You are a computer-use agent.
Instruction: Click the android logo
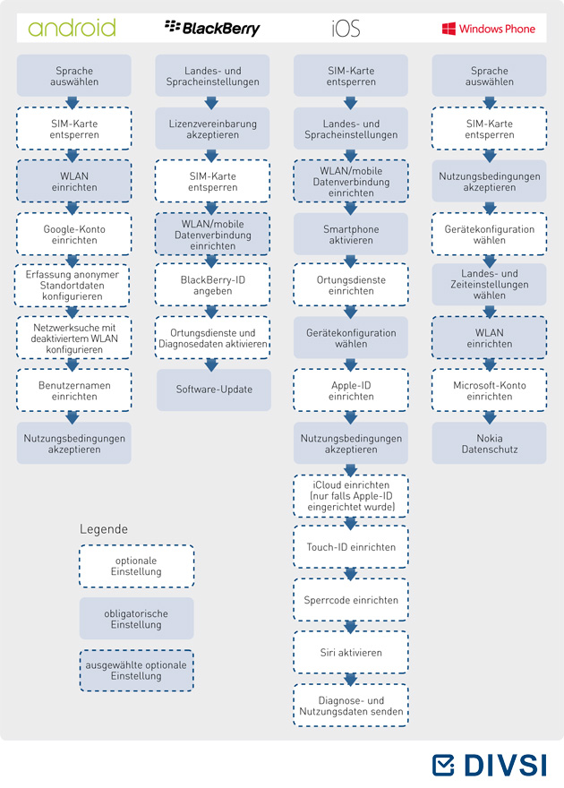pyautogui.click(x=72, y=28)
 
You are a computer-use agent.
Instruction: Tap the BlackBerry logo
pyautogui.click(x=212, y=28)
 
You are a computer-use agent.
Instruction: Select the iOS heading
pyautogui.click(x=346, y=28)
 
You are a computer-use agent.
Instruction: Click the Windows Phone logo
pyautogui.click(x=488, y=29)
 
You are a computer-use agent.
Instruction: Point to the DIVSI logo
pyautogui.click(x=489, y=765)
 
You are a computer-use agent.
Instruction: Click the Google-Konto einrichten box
pyautogui.click(x=74, y=235)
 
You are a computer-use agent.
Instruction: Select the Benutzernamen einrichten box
pyautogui.click(x=74, y=390)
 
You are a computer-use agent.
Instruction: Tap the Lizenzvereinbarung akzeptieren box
pyautogui.click(x=212, y=129)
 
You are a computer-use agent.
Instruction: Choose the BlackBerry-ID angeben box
pyautogui.click(x=212, y=285)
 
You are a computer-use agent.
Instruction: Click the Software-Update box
pyautogui.click(x=214, y=390)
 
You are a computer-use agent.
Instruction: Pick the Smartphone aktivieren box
pyautogui.click(x=351, y=235)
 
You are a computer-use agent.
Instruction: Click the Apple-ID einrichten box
pyautogui.click(x=351, y=390)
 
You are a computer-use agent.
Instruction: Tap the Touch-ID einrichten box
pyautogui.click(x=351, y=547)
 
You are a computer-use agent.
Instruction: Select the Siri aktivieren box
pyautogui.click(x=351, y=652)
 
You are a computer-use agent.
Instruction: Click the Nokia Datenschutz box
pyautogui.click(x=489, y=443)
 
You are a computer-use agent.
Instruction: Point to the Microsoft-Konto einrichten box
pyautogui.click(x=489, y=390)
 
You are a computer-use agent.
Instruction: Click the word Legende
pyautogui.click(x=104, y=529)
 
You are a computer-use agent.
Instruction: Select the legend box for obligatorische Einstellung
pyautogui.click(x=136, y=619)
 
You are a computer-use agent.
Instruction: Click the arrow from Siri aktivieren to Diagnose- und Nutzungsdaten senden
pyautogui.click(x=351, y=679)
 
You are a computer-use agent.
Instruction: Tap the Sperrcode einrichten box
pyautogui.click(x=351, y=600)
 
